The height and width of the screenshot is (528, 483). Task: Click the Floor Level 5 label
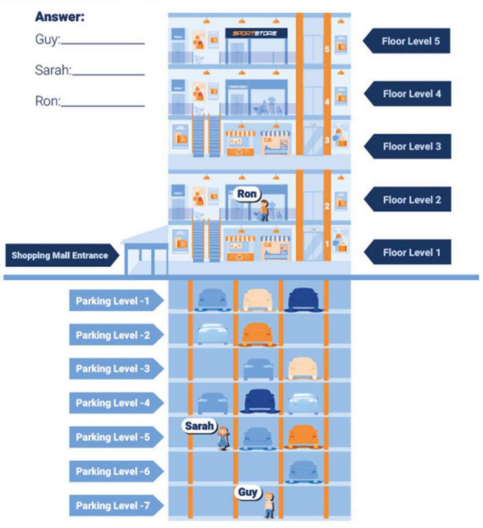click(x=410, y=41)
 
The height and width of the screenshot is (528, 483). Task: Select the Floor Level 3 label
click(x=411, y=146)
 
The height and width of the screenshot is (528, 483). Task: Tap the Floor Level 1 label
click(x=411, y=252)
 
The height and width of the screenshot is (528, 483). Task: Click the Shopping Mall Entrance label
click(x=60, y=255)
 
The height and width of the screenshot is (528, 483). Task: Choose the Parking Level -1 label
click(x=113, y=301)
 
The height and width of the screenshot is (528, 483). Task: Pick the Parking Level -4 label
click(x=113, y=403)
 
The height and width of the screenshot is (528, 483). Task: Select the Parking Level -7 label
click(x=113, y=505)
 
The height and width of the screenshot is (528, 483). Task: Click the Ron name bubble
click(x=247, y=194)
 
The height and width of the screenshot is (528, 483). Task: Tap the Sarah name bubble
click(x=199, y=426)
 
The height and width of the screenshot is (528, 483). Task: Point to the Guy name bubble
click(x=247, y=492)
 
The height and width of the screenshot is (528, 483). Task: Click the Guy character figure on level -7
click(x=269, y=505)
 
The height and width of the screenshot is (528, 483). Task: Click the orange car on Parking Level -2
click(x=257, y=334)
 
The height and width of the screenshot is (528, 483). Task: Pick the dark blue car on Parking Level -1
click(x=303, y=299)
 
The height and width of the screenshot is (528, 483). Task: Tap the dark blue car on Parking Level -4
click(x=260, y=401)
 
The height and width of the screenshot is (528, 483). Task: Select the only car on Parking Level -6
click(x=303, y=471)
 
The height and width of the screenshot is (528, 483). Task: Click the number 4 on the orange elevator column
click(x=327, y=102)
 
